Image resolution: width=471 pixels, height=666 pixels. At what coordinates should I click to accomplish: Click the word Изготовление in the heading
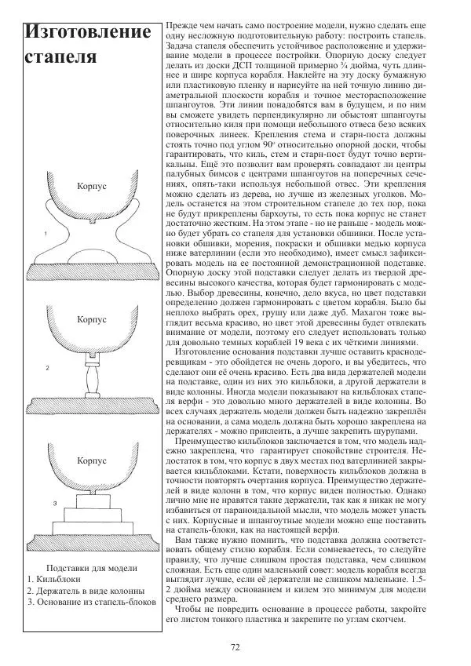coord(87,33)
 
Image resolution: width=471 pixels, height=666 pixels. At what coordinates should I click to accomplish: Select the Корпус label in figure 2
coord(93,320)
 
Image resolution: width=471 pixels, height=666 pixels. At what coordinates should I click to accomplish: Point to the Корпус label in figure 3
coord(93,461)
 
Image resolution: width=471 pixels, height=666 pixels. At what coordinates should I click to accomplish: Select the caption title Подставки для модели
coord(93,568)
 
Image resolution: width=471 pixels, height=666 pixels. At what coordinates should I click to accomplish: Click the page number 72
coord(235,647)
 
